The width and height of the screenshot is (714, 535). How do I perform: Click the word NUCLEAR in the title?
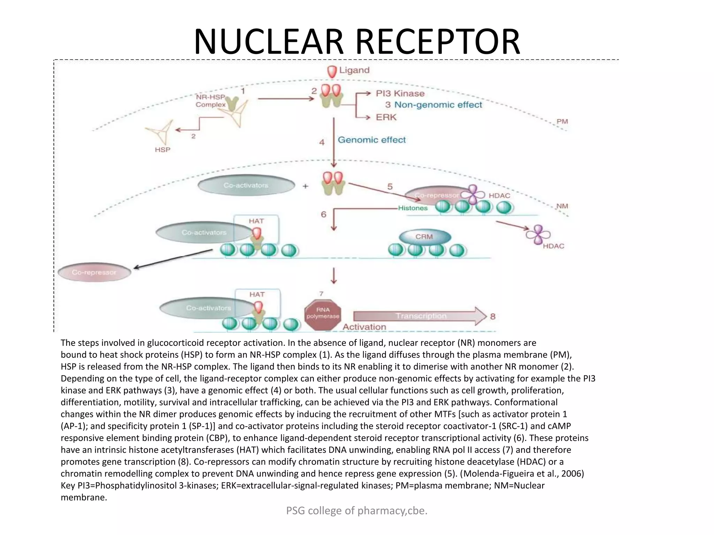[268, 42]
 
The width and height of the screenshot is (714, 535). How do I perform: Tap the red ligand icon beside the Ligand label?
[332, 71]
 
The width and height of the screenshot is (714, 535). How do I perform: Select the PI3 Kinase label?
[400, 93]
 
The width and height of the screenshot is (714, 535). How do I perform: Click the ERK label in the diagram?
[386, 117]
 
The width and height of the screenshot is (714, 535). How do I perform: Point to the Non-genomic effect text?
[438, 105]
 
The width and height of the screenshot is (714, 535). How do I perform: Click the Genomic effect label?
[372, 140]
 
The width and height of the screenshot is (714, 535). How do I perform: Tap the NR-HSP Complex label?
[211, 101]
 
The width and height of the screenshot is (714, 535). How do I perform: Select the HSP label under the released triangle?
[162, 150]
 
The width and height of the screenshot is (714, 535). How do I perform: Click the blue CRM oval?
[424, 237]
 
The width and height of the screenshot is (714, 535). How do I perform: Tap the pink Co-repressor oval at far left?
[94, 272]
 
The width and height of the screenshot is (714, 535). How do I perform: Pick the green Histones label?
[413, 208]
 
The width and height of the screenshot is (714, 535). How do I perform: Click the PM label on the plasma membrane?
[562, 122]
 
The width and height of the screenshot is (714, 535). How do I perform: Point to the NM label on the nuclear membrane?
[562, 206]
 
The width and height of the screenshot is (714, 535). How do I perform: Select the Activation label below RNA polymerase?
[364, 327]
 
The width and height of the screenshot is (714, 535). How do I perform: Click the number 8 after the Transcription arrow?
[493, 317]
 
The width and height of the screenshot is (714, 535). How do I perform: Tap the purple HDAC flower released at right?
[538, 234]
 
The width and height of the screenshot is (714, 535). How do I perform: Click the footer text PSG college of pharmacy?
[356, 511]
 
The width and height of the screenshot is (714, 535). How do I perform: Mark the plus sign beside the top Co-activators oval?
[305, 186]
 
